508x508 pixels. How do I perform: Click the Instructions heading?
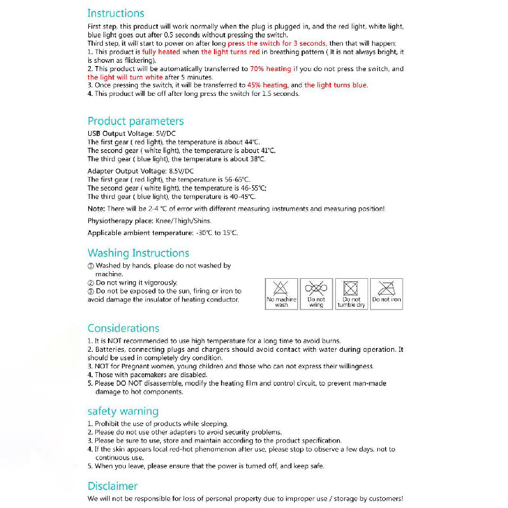click(x=116, y=13)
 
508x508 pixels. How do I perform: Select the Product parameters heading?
click(x=135, y=121)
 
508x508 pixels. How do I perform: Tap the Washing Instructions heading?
click(x=138, y=253)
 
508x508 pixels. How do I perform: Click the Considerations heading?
click(x=123, y=328)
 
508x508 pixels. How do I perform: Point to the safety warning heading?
click(x=123, y=411)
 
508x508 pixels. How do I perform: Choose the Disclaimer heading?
click(x=112, y=486)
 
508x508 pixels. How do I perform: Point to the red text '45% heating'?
click(x=267, y=84)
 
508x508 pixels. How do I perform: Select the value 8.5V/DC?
click(x=182, y=171)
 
